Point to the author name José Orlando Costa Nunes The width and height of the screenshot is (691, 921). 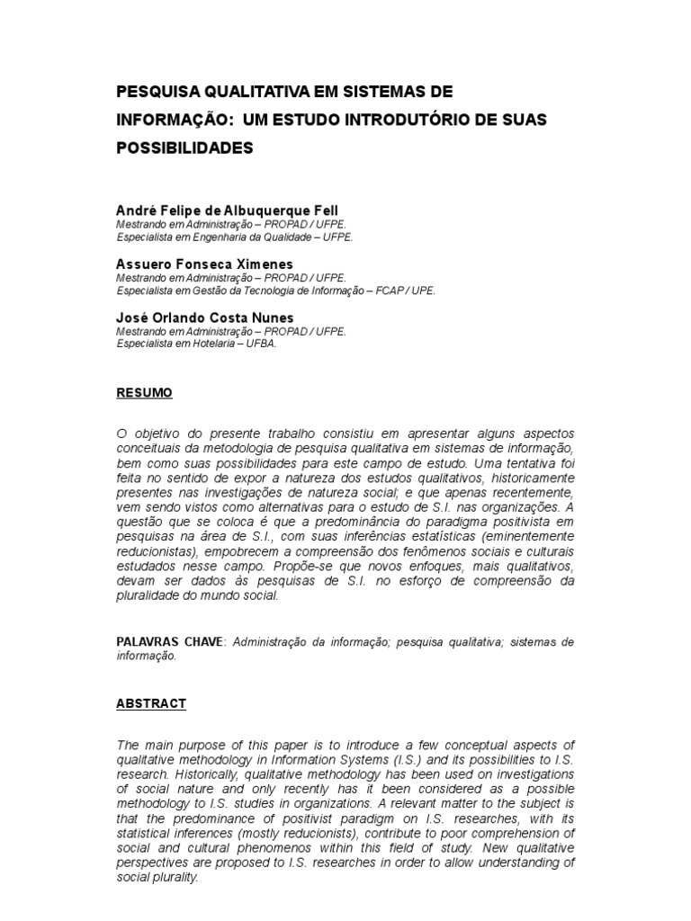pos(205,317)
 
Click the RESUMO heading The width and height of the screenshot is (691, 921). pos(144,393)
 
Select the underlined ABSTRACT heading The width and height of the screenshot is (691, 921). pos(151,703)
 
